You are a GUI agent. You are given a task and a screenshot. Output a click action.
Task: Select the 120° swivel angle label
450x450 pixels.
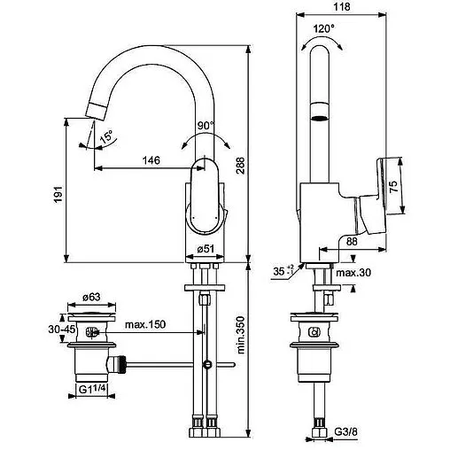pos(324,28)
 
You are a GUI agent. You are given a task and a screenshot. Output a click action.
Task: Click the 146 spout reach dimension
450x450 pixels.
pos(151,160)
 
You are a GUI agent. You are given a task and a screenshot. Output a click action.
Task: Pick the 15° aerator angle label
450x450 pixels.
pos(106,137)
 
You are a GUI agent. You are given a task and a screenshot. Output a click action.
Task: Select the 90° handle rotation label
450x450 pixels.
pos(206,126)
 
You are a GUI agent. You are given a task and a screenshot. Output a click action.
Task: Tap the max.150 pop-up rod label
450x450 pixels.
pos(144,325)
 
